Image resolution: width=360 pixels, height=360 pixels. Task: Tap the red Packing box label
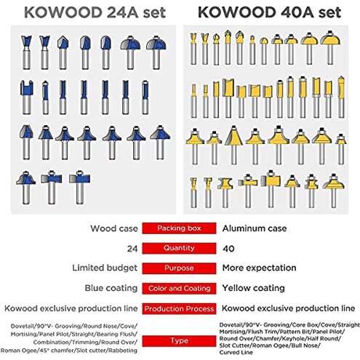pos(178,228)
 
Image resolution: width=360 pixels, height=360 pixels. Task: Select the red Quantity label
pos(178,247)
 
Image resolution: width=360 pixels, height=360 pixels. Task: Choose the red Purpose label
pos(178,268)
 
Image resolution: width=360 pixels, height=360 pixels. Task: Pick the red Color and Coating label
pos(178,288)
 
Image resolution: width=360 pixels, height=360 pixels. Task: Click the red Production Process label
pos(178,308)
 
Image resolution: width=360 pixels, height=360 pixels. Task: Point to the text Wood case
pos(113,228)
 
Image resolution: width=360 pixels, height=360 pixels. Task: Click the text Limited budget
pos(104,268)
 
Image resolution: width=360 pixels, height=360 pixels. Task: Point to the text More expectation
pos(257,268)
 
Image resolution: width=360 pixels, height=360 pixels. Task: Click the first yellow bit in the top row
pos(194,51)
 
